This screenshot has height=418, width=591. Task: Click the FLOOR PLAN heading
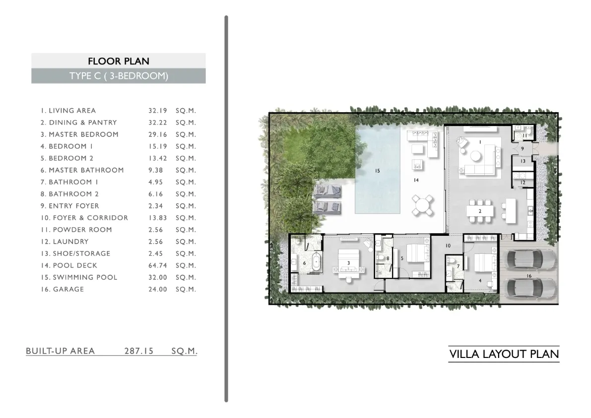pyautogui.click(x=119, y=61)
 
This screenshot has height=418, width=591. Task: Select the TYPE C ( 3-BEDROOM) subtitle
pyautogui.click(x=119, y=76)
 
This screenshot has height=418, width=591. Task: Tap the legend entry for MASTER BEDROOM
pyautogui.click(x=79, y=134)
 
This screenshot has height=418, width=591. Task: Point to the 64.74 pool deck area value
pyautogui.click(x=157, y=266)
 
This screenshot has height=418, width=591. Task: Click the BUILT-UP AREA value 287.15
pyautogui.click(x=139, y=351)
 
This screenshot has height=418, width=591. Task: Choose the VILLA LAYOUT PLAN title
pyautogui.click(x=504, y=354)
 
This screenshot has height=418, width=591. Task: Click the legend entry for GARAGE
pyautogui.click(x=62, y=289)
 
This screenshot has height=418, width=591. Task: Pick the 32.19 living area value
pyautogui.click(x=157, y=110)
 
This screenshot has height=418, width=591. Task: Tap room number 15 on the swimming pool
pyautogui.click(x=377, y=171)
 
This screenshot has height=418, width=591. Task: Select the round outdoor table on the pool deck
pyautogui.click(x=422, y=206)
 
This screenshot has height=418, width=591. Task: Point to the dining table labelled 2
pyautogui.click(x=480, y=211)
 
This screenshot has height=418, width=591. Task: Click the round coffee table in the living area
pyautogui.click(x=475, y=156)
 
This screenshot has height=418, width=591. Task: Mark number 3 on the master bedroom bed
pyautogui.click(x=349, y=263)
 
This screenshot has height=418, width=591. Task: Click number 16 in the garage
pyautogui.click(x=529, y=276)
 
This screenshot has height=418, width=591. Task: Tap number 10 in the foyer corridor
pyautogui.click(x=448, y=246)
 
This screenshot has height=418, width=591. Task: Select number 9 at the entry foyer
pyautogui.click(x=523, y=148)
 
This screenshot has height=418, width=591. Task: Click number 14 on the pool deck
pyautogui.click(x=416, y=180)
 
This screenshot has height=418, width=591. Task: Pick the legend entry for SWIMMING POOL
pyautogui.click(x=79, y=278)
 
